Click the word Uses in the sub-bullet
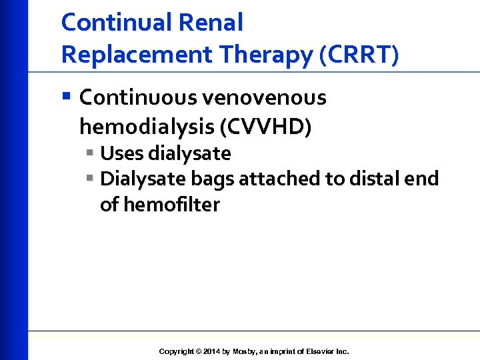(121, 154)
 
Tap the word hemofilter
(170, 205)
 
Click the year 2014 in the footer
(212, 351)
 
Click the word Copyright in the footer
(177, 351)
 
